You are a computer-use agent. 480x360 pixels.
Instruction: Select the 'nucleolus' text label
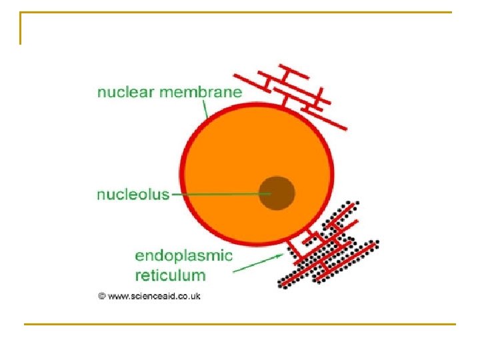pos(133,195)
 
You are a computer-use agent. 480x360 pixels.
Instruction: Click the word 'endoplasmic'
pos(183,255)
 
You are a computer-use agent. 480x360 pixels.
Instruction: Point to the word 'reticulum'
pos(170,275)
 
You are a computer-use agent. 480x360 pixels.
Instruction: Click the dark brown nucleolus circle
pos(277,193)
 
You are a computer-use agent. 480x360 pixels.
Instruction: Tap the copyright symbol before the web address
pos(102,295)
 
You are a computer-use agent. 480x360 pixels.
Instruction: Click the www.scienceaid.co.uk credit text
pos(154,295)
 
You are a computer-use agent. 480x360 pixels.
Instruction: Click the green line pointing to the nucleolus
pos(220,195)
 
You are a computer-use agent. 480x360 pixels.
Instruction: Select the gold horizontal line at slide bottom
pos(240,325)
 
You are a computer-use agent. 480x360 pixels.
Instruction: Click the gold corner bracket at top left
pos(22,27)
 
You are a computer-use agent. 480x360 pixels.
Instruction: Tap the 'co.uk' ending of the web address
pos(189,295)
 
